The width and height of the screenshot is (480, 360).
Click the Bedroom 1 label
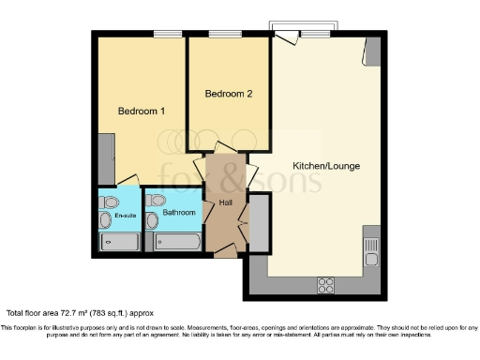142,111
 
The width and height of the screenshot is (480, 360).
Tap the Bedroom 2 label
229,94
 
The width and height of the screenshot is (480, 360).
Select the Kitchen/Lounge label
326,166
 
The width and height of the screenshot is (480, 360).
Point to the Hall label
225,202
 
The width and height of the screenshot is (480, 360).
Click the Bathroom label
179,213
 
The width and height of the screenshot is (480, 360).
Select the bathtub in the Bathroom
178,241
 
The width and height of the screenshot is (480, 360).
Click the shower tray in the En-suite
120,242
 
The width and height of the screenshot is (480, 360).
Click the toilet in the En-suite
112,201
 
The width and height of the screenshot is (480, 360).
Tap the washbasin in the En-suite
104,219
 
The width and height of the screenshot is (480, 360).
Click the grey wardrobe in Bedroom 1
105,159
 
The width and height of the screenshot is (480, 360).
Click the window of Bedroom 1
168,34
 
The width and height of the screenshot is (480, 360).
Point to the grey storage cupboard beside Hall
259,222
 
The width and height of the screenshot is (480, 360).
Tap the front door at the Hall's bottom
225,251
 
